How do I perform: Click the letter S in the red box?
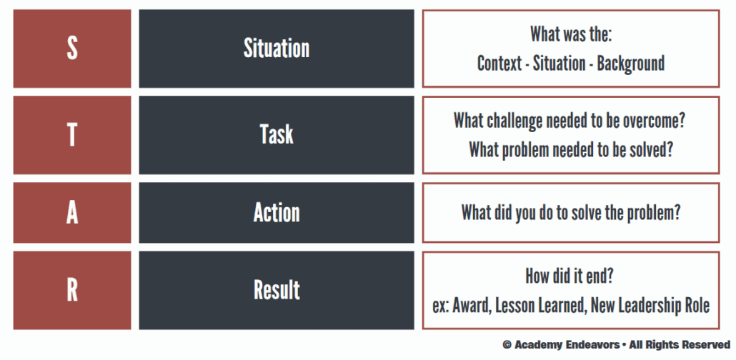72,48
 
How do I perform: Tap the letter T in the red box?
72,135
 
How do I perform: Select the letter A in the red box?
72,213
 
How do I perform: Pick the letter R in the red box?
72,290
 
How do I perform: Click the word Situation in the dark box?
277,48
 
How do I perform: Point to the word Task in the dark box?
277,135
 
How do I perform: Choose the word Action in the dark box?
277,213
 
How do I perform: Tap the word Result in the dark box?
277,290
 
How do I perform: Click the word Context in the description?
499,64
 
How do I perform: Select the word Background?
631,64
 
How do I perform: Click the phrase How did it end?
570,276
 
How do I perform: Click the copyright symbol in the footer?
507,345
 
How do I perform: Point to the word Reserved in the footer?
706,345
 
